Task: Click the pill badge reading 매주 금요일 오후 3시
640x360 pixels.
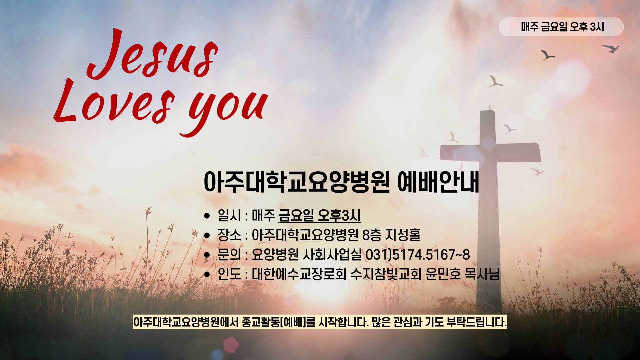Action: tap(561, 27)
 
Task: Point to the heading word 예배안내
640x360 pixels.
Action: tap(438, 182)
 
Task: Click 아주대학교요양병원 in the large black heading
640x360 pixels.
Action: tap(297, 182)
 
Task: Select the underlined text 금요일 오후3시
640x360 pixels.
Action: tap(320, 215)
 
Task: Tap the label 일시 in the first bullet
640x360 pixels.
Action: tap(229, 215)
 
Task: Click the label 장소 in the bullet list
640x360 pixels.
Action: tap(229, 235)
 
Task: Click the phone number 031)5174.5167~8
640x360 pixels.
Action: tap(418, 255)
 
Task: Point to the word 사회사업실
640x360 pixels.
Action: tap(332, 255)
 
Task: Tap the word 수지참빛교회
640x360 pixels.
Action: tap(386, 274)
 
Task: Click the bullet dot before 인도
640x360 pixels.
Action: tap(207, 275)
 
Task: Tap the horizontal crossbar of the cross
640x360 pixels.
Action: tap(490, 152)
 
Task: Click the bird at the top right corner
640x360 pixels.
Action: tap(612, 49)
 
